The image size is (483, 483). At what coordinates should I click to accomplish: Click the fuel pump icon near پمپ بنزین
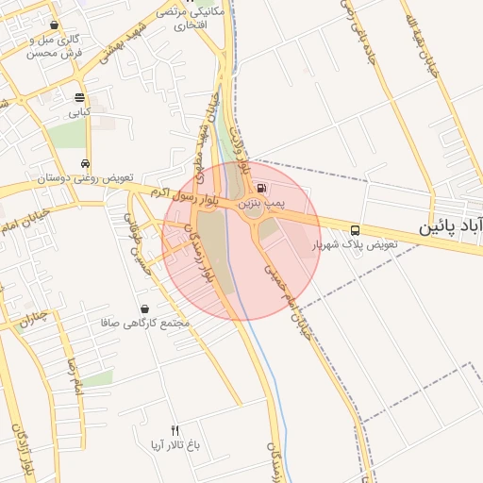[x=260, y=188]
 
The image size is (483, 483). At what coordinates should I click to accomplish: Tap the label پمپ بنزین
[x=260, y=203]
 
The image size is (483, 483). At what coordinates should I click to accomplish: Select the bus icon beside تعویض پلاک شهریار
[x=355, y=229]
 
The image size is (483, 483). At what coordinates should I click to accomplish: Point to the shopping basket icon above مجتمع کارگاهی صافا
[x=144, y=308]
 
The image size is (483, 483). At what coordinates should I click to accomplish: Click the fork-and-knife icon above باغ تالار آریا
[x=175, y=430]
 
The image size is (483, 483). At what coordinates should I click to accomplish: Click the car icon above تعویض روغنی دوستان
[x=86, y=163]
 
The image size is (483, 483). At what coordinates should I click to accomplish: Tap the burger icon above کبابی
[x=79, y=97]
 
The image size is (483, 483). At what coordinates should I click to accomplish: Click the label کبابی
[x=79, y=111]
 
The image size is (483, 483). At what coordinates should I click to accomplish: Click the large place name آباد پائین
[x=451, y=227]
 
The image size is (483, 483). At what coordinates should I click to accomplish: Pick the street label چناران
[x=31, y=318]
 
